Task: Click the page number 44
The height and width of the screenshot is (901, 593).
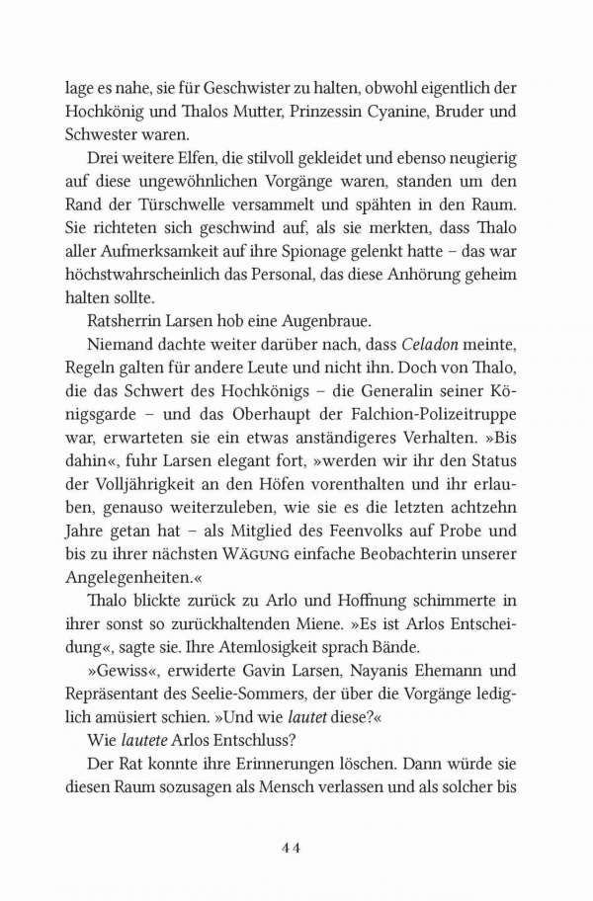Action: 296,847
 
